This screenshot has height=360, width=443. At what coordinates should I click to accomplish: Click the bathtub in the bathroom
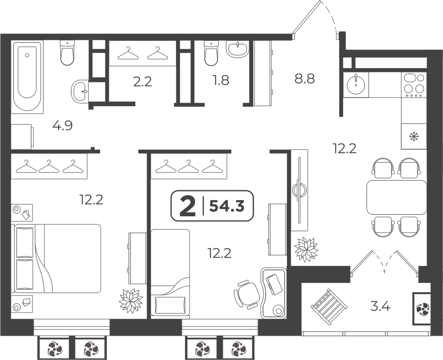(27, 77)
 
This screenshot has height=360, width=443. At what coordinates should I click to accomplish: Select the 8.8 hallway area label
(305, 79)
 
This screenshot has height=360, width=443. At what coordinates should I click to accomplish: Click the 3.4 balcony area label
(380, 306)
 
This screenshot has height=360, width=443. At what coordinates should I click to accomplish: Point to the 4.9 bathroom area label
(63, 126)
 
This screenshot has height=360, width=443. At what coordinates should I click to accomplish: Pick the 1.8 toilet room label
(221, 81)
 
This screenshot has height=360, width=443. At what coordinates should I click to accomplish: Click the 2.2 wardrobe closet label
(142, 82)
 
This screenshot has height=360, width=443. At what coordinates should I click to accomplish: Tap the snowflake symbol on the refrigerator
(414, 137)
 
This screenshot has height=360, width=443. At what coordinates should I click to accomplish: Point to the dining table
(397, 197)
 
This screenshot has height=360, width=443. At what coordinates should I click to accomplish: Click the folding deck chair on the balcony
(329, 307)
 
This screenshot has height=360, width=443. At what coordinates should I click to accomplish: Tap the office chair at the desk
(246, 294)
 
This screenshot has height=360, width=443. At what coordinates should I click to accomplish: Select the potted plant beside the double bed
(131, 301)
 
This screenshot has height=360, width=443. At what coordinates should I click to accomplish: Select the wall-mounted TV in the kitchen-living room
(299, 190)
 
